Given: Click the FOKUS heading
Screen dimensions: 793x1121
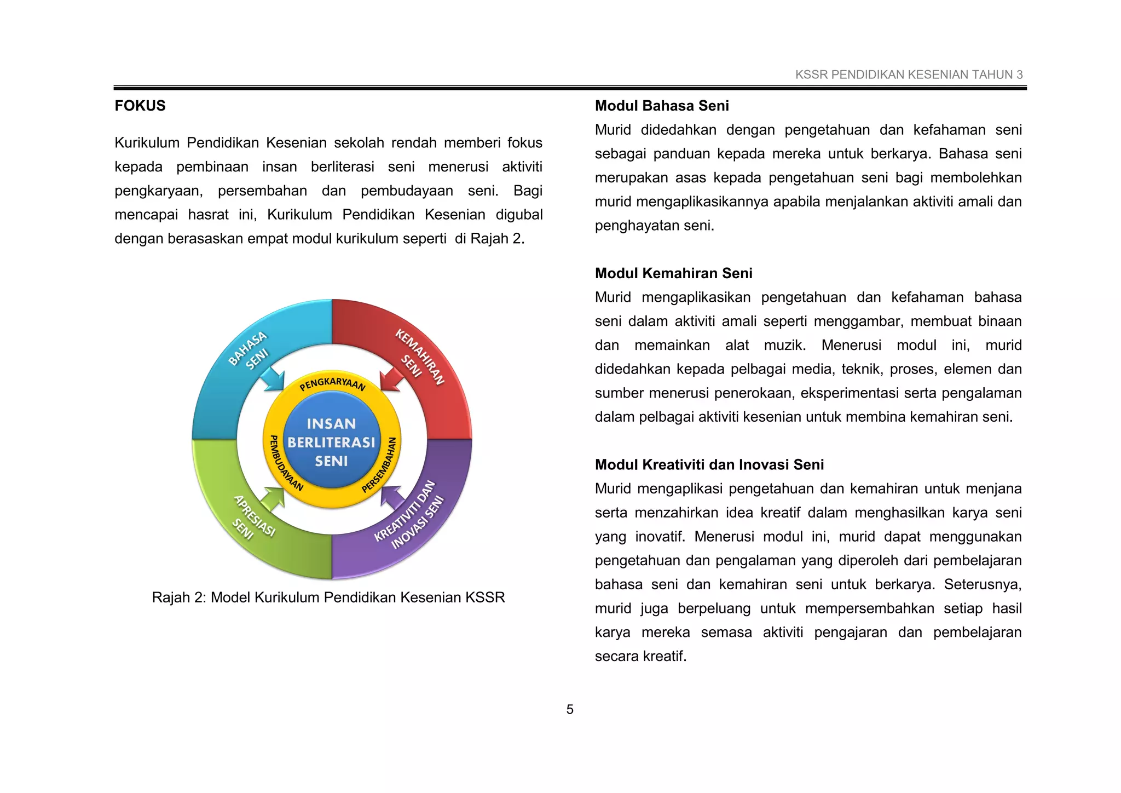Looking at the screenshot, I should pos(140,106).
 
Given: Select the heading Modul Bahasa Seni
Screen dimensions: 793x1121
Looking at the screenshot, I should pos(661,106).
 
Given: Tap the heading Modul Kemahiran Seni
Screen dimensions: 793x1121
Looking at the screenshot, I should pos(673,273).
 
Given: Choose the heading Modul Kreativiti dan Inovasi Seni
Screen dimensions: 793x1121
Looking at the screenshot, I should pos(709,465).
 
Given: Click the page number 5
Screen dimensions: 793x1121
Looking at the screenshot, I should pos(570,710).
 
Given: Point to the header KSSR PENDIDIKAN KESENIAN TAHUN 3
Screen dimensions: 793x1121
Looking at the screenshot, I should pos(909,75).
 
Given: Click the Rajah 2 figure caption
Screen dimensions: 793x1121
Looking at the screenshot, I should pos(328,597).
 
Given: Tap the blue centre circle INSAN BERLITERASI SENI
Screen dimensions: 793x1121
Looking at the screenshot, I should pos(332,442).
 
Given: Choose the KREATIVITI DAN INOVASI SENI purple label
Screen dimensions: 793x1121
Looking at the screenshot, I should pos(411,515).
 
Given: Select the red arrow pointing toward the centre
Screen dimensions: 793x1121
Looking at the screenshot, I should pos(392,378).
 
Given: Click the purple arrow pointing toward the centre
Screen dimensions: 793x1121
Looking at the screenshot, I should pos(392,496).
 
